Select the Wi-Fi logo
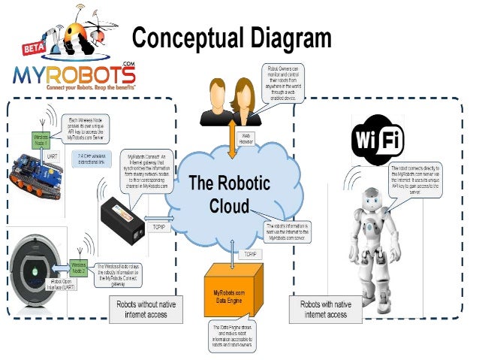378,141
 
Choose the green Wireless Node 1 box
42,139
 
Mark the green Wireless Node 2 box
79,267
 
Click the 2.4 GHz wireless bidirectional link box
91,159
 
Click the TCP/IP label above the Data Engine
251,255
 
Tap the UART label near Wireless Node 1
53,156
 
